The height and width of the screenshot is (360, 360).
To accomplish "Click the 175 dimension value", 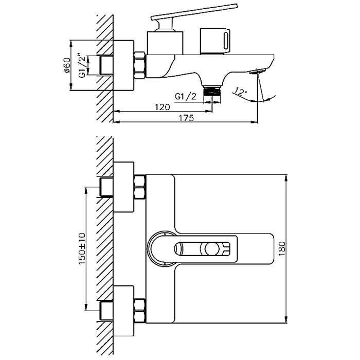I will coord(186,118).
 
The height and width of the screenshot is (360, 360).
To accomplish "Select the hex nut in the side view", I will coord(140,64).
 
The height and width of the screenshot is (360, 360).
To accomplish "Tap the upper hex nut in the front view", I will coord(140,187).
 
